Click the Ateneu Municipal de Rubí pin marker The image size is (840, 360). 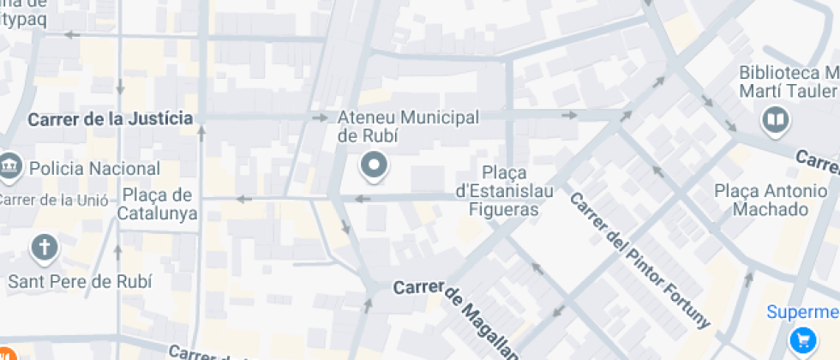(x=374, y=165)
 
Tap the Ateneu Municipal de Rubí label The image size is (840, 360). (x=408, y=126)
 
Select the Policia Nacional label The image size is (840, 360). (x=94, y=169)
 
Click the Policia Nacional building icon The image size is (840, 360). (x=10, y=165)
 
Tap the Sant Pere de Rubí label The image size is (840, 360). (x=80, y=280)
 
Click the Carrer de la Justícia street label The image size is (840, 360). (x=110, y=119)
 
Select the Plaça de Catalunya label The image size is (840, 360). (x=159, y=204)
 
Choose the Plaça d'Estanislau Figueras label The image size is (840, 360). (x=504, y=190)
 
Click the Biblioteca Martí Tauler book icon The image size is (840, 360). (x=776, y=121)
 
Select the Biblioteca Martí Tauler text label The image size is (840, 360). (x=787, y=82)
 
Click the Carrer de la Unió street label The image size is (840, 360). (x=53, y=201)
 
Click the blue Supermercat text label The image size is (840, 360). (x=802, y=312)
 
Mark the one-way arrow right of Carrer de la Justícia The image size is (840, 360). (x=319, y=117)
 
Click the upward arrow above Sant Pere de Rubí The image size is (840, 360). (x=118, y=249)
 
